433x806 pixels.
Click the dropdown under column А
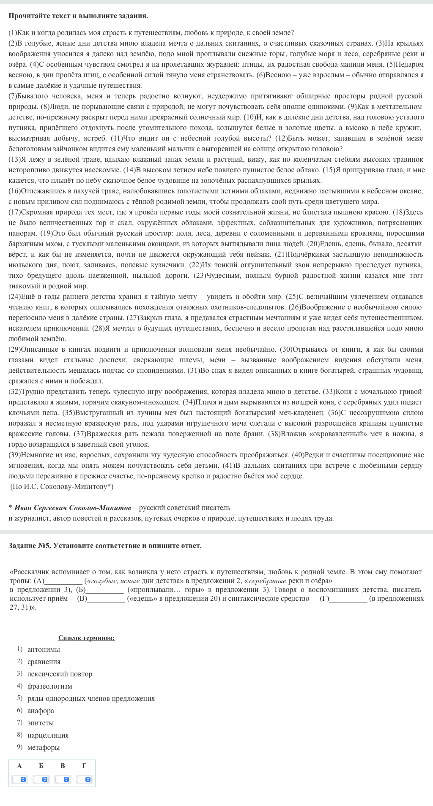pos(19,779)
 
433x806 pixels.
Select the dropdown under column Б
pos(41,779)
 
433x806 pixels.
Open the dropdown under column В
pos(63,779)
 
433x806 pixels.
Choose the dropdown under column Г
pos(84,779)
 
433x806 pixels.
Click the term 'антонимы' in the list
pos(44,649)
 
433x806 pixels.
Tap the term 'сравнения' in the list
pos(44,661)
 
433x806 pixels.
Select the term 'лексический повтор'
pos(60,673)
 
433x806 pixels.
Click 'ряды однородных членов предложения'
pos(91,698)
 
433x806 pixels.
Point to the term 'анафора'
pos(41,710)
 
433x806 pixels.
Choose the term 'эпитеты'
pos(41,722)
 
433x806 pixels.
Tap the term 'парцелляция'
pos(48,735)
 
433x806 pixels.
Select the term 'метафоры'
pos(44,747)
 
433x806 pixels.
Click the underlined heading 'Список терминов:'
pos(86,638)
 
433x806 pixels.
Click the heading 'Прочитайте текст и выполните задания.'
pos(78,16)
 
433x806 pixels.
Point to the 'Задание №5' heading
pos(105,545)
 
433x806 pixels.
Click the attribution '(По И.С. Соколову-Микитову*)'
pos(62,486)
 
